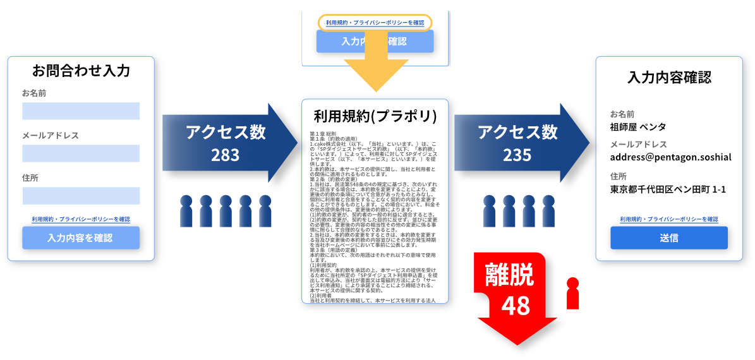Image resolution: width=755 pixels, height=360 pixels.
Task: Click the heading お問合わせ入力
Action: click(81, 71)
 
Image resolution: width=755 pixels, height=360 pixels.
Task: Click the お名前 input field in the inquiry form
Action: click(81, 111)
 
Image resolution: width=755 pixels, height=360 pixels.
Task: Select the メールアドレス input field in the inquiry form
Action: click(81, 153)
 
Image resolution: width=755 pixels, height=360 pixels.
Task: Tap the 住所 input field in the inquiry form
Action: click(81, 196)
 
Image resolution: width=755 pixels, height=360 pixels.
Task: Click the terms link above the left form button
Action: click(81, 219)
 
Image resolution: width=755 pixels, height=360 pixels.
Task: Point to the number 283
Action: click(226, 155)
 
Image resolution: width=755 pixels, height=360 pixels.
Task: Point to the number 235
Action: click(517, 155)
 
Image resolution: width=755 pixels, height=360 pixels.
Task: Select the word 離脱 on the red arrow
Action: click(509, 275)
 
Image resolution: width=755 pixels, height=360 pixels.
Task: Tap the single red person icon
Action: click(573, 293)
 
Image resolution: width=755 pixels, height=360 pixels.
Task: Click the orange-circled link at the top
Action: click(375, 22)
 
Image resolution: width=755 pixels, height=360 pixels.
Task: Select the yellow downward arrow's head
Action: click(375, 79)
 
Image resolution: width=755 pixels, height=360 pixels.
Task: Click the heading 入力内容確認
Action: click(669, 78)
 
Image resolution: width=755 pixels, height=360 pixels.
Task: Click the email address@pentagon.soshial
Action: click(670, 157)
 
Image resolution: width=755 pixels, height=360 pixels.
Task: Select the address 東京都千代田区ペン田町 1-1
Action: click(668, 189)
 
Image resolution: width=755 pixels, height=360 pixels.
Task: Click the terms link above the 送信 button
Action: click(669, 219)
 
